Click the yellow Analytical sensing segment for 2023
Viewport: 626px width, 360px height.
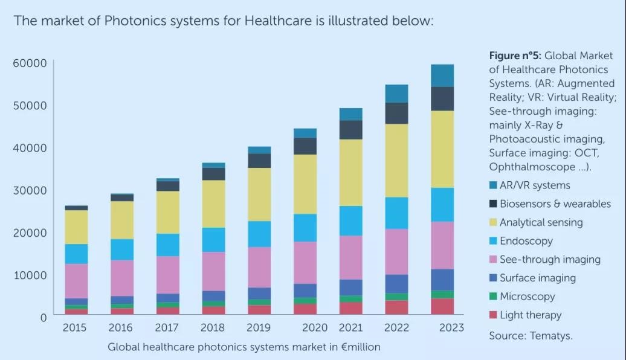tap(442, 149)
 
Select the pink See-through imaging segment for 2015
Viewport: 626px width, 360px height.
tap(77, 280)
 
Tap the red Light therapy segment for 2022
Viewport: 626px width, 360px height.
tap(396, 307)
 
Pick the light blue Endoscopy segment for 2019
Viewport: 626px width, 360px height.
tap(259, 234)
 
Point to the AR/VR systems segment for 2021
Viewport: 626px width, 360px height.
tap(350, 114)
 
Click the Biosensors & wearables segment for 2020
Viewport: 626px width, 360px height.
tap(305, 146)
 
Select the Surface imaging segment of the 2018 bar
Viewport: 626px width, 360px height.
tap(213, 295)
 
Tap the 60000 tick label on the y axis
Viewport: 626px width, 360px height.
tap(30, 63)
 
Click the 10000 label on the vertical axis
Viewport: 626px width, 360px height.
tap(30, 275)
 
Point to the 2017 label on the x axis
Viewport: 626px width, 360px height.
tap(167, 327)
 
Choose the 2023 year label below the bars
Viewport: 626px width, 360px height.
tap(451, 327)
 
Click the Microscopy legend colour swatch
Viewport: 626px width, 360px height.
tap(494, 297)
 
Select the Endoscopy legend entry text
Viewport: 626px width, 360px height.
tap(526, 241)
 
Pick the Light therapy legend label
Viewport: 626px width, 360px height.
tap(531, 315)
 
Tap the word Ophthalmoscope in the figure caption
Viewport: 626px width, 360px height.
tap(531, 166)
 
